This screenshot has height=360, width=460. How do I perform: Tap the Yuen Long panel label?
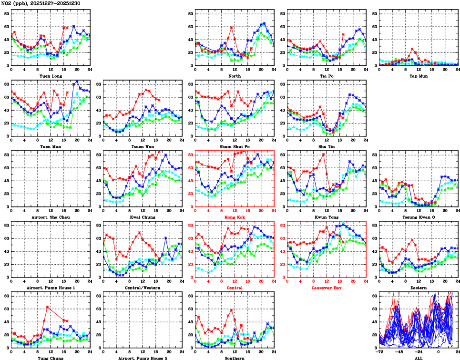pyautogui.click(x=50, y=76)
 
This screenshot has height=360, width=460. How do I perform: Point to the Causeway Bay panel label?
pyautogui.click(x=327, y=288)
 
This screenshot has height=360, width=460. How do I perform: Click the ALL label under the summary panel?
pyautogui.click(x=419, y=358)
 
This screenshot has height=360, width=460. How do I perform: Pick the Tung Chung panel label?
pyautogui.click(x=50, y=358)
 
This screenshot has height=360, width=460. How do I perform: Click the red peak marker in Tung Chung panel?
pyautogui.click(x=47, y=307)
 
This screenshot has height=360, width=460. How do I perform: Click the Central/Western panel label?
pyautogui.click(x=142, y=288)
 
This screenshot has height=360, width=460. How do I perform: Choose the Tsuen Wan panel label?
pyautogui.click(x=142, y=146)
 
